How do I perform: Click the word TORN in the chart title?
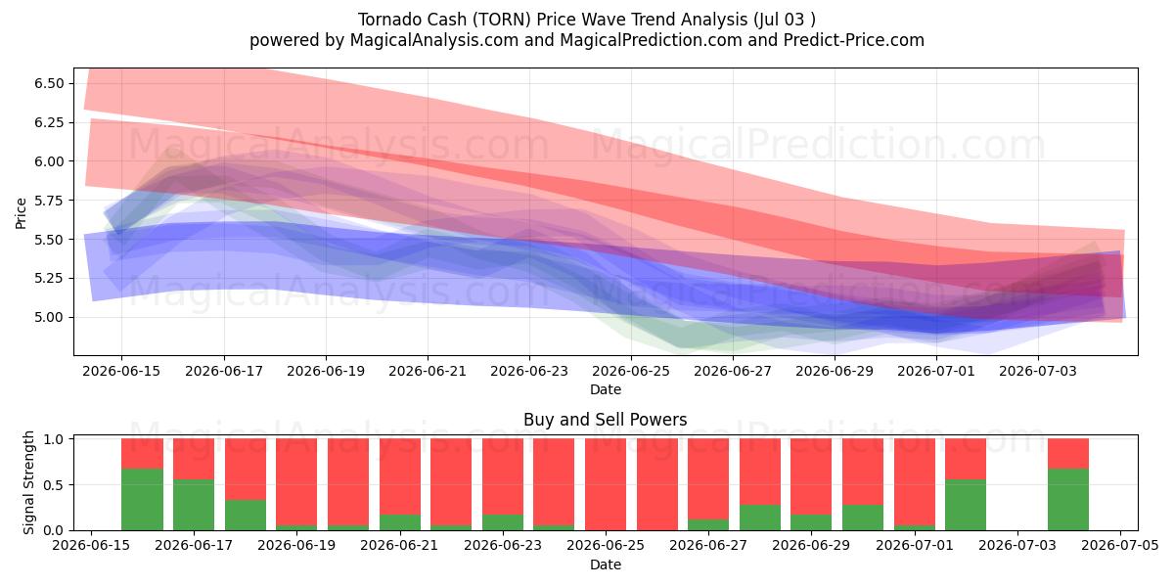coord(500,20)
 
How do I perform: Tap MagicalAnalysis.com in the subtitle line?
coord(434,40)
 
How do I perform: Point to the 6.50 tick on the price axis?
coord(49,83)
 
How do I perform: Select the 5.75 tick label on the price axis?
coord(49,201)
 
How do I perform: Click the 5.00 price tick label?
coord(49,317)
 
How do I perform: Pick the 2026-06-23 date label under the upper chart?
coord(529,371)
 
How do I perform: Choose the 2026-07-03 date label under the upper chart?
coord(1038,371)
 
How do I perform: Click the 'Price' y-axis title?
coord(21,213)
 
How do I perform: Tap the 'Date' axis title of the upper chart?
coord(606,389)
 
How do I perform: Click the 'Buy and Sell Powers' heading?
coord(606,420)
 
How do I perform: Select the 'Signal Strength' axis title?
coord(28,482)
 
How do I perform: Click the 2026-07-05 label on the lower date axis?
coord(1120,546)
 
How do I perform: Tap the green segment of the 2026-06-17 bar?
coord(194,505)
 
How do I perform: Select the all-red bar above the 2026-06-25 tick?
coord(606,484)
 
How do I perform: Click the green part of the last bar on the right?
coord(1068,500)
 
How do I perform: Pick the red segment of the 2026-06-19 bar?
coord(296,481)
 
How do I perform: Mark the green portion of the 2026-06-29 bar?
coord(811,522)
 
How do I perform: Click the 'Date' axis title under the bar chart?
coord(606,564)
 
